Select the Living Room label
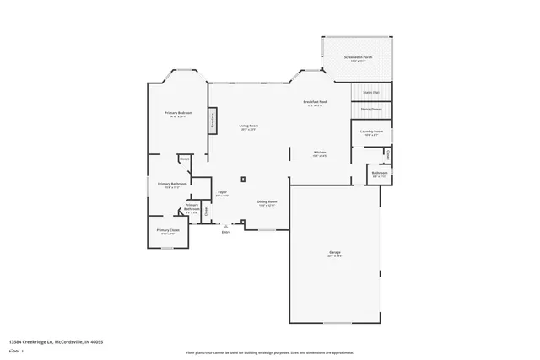248,126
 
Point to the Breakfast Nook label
316,104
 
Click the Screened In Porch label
359,59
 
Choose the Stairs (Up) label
371,92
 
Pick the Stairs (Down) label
371,108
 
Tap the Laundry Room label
373,132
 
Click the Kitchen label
320,153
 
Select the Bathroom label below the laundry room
379,175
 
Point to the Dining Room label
267,203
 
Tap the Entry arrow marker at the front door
225,225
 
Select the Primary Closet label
168,231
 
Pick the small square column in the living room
243,179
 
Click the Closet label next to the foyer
206,210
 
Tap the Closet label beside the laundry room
387,153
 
